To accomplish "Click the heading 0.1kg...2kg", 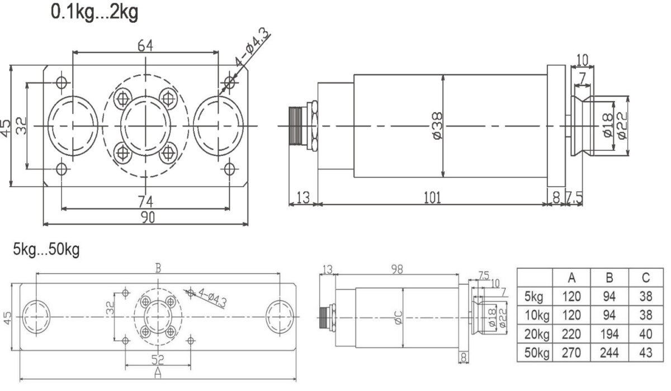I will click(94, 12).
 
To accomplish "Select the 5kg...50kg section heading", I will click(46, 249).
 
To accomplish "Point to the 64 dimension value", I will click(145, 46).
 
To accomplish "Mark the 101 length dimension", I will click(432, 197).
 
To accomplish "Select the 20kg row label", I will click(535, 335).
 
